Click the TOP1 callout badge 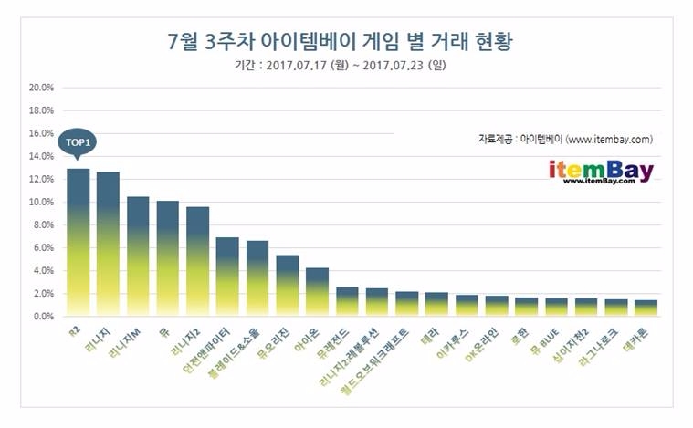pos(78,143)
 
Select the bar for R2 pos(79,243)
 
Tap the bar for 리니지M pos(138,256)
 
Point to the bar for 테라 pos(436,305)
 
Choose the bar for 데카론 pos(645,308)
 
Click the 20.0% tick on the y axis pos(42,88)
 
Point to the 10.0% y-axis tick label pos(42,203)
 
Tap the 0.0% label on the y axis pos(44,317)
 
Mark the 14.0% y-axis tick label pos(42,157)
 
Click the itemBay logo pos(601,171)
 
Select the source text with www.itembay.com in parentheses pos(565,140)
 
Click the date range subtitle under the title pos(341,66)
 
